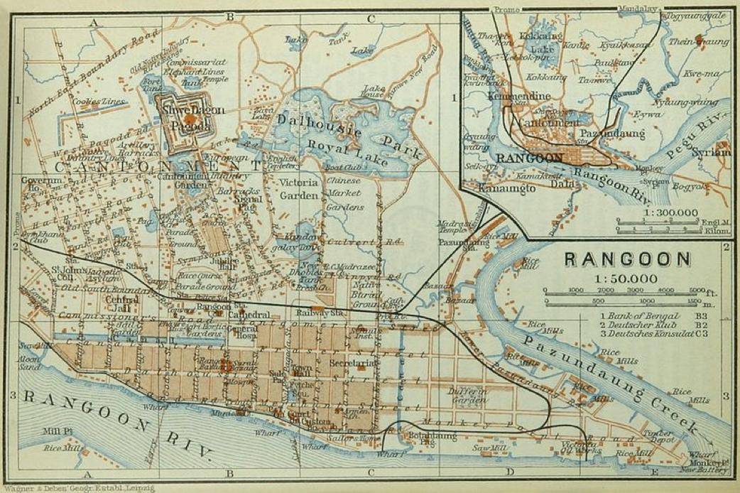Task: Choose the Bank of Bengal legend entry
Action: pos(638,315)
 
